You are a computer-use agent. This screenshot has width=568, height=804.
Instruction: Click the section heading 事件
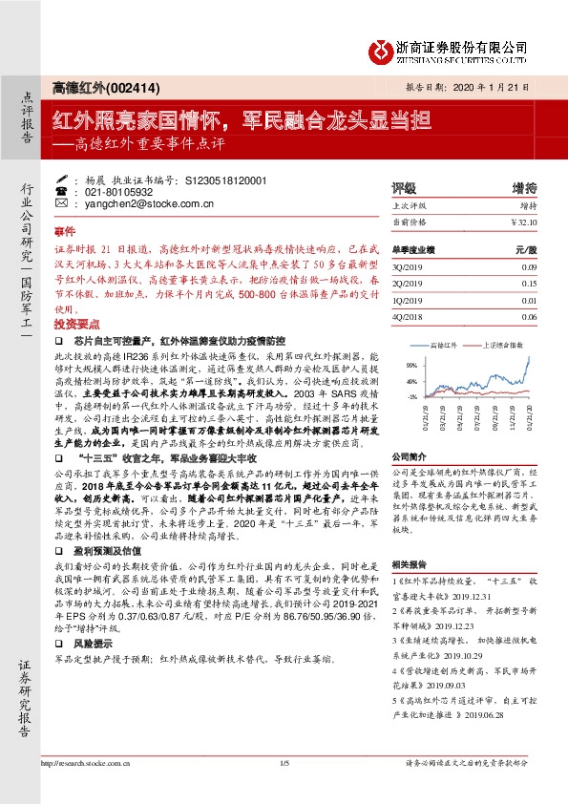pos(64,232)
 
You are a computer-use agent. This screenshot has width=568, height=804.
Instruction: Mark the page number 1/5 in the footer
pos(284,763)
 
